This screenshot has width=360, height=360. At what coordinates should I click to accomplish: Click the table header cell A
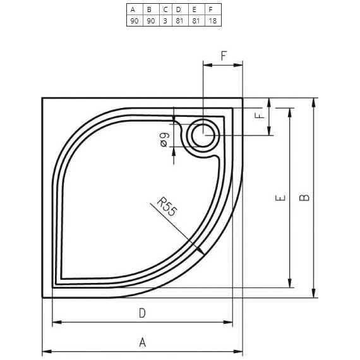(x=133, y=9)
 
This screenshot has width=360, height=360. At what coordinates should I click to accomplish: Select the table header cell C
(x=165, y=9)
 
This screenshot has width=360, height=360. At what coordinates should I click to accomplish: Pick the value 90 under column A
(x=133, y=21)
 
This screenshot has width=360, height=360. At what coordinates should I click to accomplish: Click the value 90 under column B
(x=150, y=21)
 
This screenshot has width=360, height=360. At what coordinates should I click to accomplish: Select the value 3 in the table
(x=165, y=21)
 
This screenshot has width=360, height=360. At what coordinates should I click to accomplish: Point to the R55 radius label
(x=166, y=207)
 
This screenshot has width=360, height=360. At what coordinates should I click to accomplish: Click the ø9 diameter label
(x=164, y=140)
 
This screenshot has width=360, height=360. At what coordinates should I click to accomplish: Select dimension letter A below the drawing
(x=143, y=342)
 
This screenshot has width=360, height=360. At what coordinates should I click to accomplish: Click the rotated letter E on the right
(x=281, y=198)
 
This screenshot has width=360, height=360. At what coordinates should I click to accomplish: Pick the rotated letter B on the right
(x=304, y=198)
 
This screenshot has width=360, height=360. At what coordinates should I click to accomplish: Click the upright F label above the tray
(x=224, y=56)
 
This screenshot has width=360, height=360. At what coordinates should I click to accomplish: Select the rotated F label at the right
(x=258, y=116)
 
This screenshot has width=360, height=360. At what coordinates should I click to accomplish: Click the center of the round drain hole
(x=203, y=134)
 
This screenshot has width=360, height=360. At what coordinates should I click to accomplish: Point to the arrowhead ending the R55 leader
(x=201, y=251)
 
